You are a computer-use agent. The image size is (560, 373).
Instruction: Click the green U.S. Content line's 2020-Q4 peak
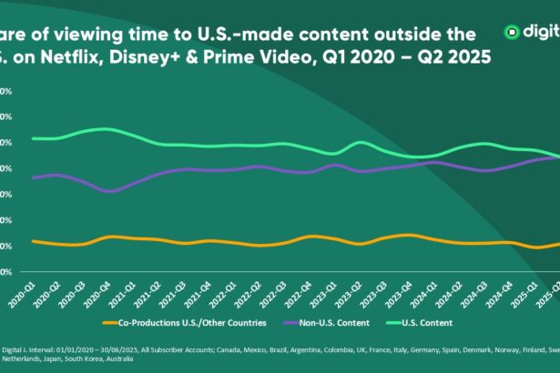point(107,129)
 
